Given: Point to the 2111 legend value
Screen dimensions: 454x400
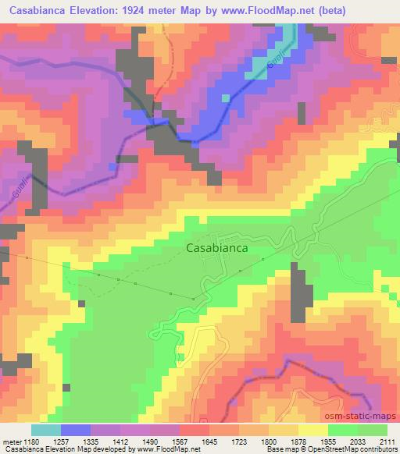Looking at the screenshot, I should [387, 442].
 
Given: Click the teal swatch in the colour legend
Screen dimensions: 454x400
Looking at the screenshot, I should [46, 430].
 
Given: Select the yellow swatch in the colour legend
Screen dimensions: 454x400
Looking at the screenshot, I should [313, 430].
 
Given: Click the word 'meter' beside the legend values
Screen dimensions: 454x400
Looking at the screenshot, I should [10, 442].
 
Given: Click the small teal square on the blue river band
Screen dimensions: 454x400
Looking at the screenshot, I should [226, 98].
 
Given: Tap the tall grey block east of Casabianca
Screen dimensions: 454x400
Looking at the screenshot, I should [298, 292].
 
